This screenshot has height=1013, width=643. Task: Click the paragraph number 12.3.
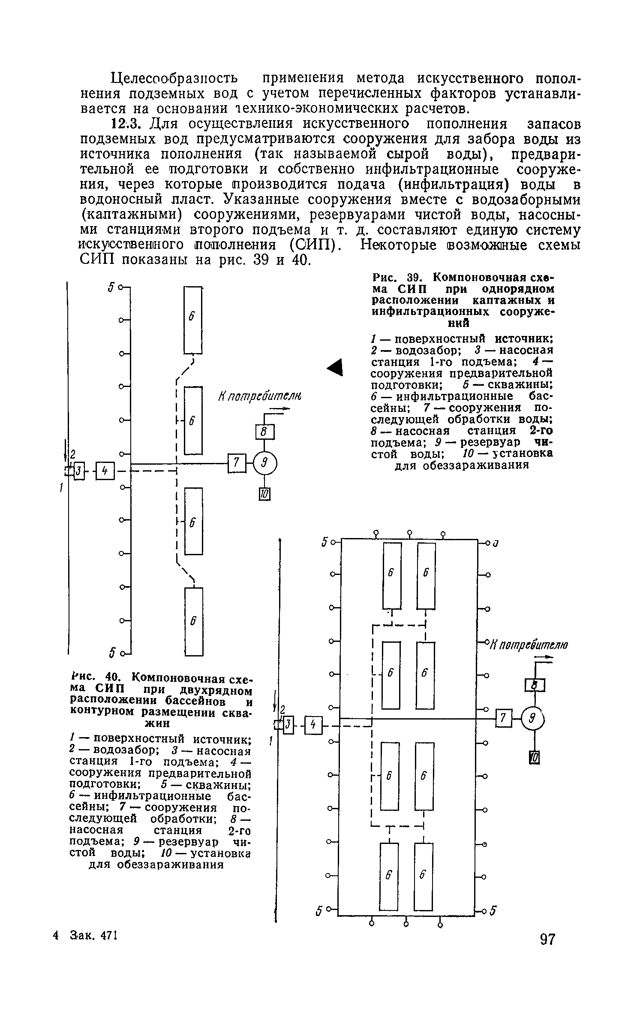click(x=126, y=124)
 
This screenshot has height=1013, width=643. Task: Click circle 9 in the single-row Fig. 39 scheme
click(x=265, y=463)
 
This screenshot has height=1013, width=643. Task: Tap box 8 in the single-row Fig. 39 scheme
click(x=264, y=432)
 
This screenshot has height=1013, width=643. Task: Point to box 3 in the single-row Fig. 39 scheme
click(x=79, y=471)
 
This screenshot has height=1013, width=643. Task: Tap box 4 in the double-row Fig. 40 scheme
click(x=313, y=725)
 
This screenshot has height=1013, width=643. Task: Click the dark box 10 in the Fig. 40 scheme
click(x=534, y=757)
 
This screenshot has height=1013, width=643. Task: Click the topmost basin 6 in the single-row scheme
click(x=193, y=319)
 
